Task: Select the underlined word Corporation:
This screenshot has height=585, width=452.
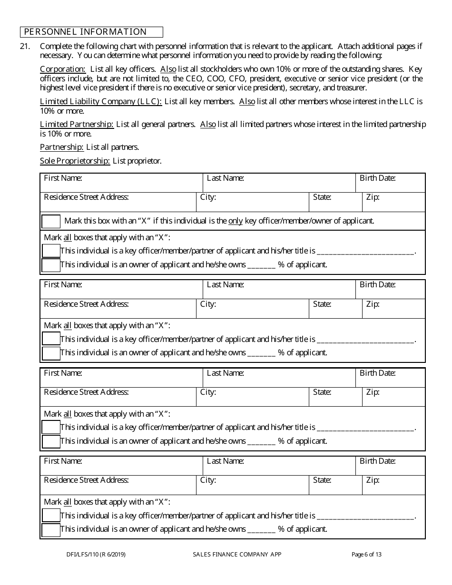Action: [x=62, y=69]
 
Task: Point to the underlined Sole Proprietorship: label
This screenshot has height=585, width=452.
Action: [x=75, y=161]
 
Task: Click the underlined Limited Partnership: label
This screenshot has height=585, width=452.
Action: [x=77, y=124]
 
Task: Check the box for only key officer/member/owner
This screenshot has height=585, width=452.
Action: [x=51, y=221]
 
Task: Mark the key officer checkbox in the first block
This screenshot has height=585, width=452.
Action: [x=51, y=251]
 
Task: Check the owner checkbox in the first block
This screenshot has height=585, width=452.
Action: [x=51, y=265]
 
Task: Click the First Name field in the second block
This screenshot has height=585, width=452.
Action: [x=121, y=290]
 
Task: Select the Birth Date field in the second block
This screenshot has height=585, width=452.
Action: [x=390, y=290]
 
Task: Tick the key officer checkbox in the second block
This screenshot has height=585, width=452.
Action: [x=51, y=339]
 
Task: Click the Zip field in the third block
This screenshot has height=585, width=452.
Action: [x=393, y=397]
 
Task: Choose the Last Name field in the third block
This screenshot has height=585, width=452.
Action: [x=279, y=378]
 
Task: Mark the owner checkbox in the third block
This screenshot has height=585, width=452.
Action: [x=51, y=441]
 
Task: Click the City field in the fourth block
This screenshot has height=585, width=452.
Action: [x=252, y=485]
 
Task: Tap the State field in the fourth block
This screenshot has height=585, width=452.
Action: [x=335, y=485]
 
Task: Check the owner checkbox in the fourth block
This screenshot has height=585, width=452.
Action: [x=51, y=529]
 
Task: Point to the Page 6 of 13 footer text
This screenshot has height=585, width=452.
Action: [x=366, y=554]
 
